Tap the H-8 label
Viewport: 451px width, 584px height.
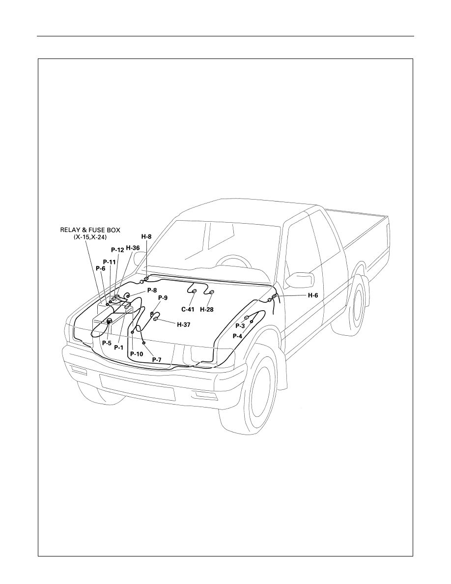coord(146,236)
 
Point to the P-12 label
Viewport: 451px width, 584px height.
coord(117,250)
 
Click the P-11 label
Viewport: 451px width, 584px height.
coord(110,262)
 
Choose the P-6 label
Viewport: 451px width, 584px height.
coord(101,268)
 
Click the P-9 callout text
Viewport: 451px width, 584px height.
coord(163,297)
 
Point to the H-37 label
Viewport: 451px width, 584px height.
coord(183,324)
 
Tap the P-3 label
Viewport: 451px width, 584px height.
coord(240,326)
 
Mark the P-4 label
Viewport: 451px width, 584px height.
coord(237,336)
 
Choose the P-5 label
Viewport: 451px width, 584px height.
coord(107,343)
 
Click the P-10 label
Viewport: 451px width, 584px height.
coord(137,354)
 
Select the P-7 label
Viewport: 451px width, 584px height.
coord(157,359)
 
